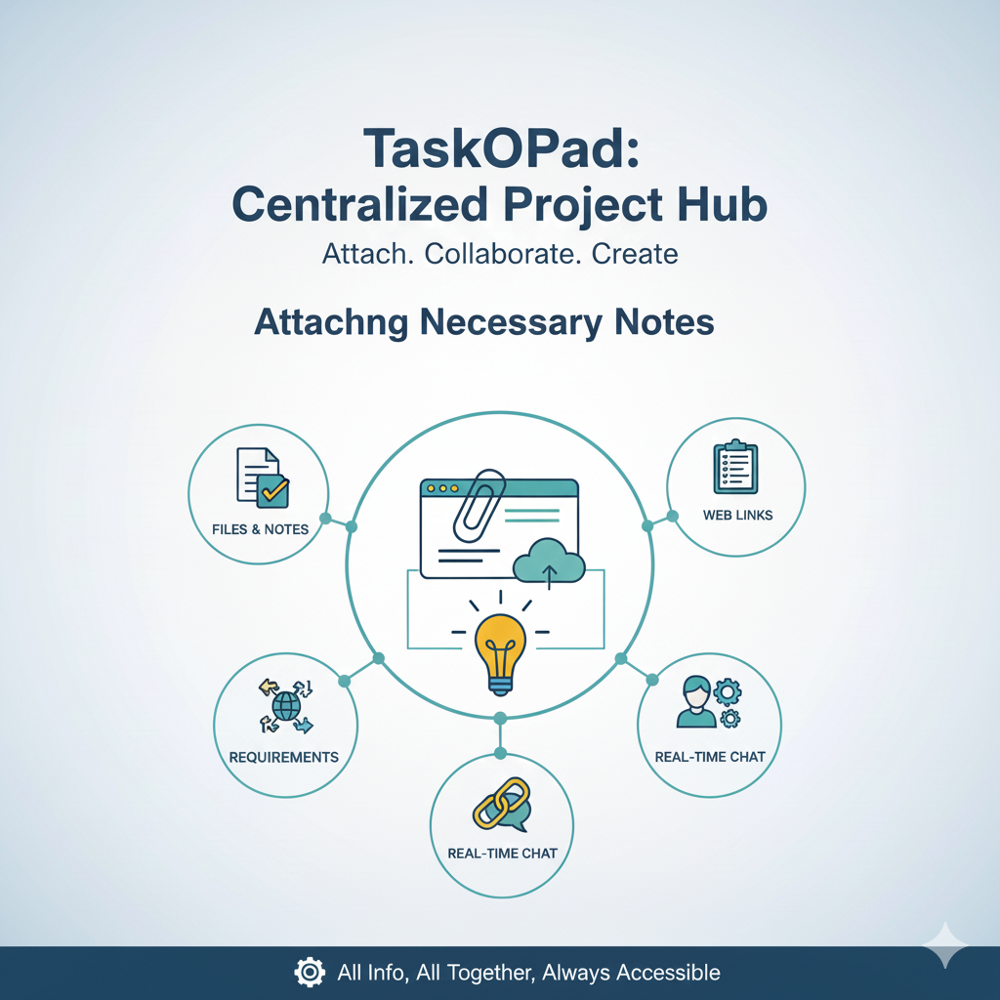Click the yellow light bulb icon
pyautogui.click(x=500, y=649)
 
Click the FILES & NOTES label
pyautogui.click(x=260, y=529)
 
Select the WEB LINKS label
pyautogui.click(x=737, y=515)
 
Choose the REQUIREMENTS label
pyautogui.click(x=284, y=757)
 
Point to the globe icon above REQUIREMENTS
pyautogui.click(x=285, y=706)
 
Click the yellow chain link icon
pyautogui.click(x=500, y=804)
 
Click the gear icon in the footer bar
pyautogui.click(x=310, y=972)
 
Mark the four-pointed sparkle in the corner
pyautogui.click(x=946, y=945)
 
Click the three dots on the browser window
pyautogui.click(x=442, y=487)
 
